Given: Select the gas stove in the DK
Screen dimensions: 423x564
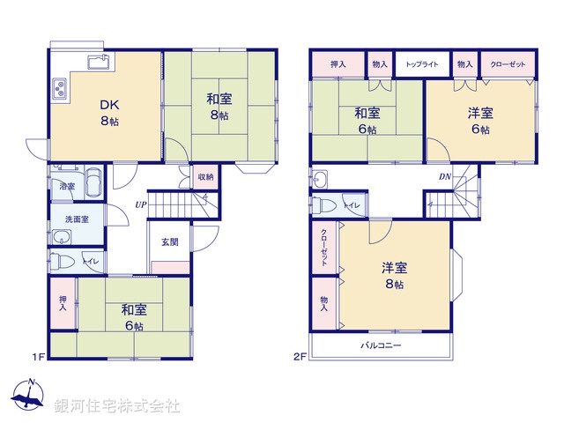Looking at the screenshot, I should (x=61, y=89).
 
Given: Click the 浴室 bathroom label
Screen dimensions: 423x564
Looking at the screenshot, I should (x=66, y=187).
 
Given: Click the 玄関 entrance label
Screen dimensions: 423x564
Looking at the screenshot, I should (x=170, y=242).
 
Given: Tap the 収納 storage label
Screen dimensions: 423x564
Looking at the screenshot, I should (x=204, y=176).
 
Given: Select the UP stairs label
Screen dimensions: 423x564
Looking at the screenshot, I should (x=141, y=205).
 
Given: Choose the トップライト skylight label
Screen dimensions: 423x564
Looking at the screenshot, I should (x=422, y=64).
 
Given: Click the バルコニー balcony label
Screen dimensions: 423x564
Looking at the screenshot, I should (x=381, y=345).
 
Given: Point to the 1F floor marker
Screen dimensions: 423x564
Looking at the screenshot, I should (x=38, y=357).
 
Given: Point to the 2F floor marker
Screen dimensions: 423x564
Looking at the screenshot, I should (x=300, y=357).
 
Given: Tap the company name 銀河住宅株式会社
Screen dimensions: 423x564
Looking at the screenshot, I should (x=117, y=406).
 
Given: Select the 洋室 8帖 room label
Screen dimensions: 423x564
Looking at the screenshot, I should (x=393, y=275).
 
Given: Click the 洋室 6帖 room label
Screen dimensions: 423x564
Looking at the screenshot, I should (x=480, y=120).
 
